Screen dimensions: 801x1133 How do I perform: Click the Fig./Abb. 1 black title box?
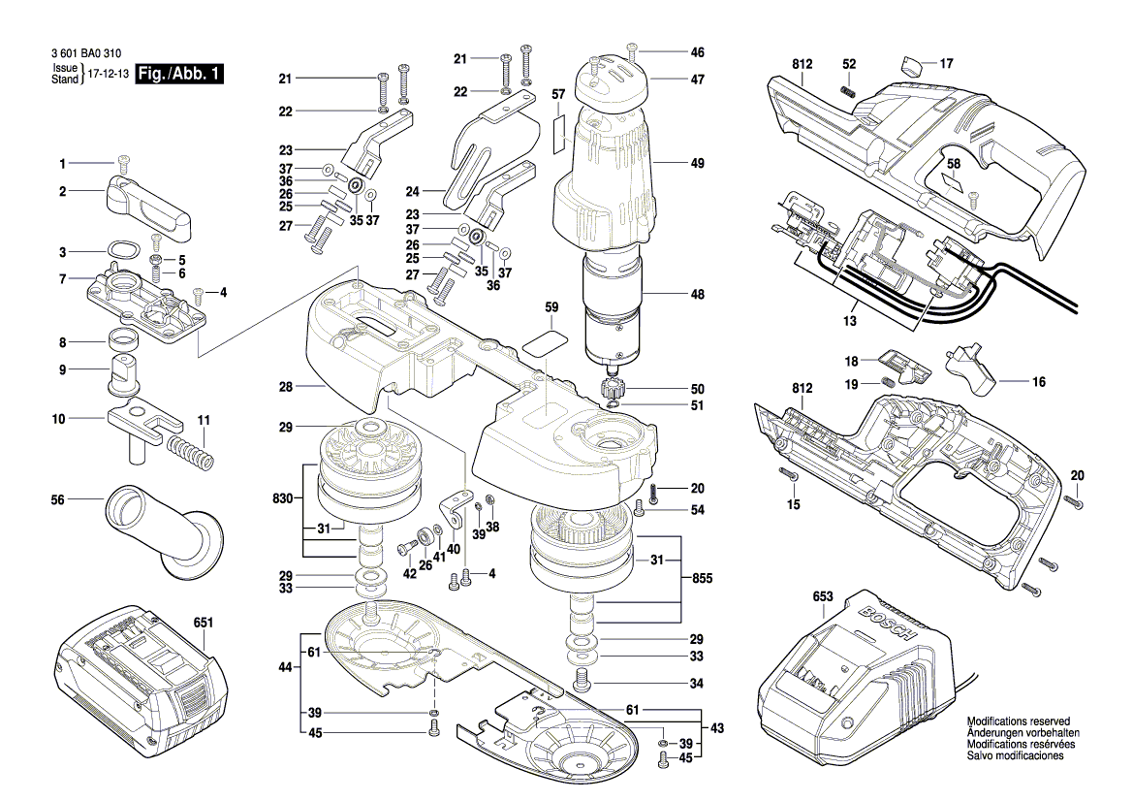point(180,75)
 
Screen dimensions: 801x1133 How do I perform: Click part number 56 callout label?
point(57,500)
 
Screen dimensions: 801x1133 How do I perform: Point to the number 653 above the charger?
point(822,598)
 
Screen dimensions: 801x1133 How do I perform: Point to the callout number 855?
point(703,579)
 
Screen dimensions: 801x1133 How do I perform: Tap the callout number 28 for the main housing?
point(285,387)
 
